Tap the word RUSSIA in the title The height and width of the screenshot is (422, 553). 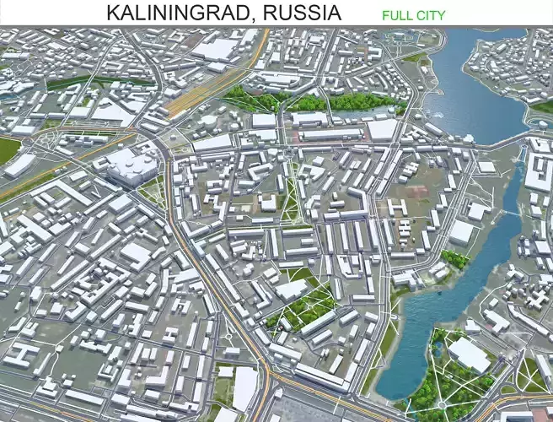[x=300, y=14]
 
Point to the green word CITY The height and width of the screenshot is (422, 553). [x=431, y=15]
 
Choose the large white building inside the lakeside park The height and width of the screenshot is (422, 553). [x=469, y=354]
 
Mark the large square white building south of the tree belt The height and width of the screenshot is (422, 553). [x=381, y=129]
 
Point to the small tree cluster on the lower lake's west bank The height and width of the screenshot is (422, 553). [x=455, y=259]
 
